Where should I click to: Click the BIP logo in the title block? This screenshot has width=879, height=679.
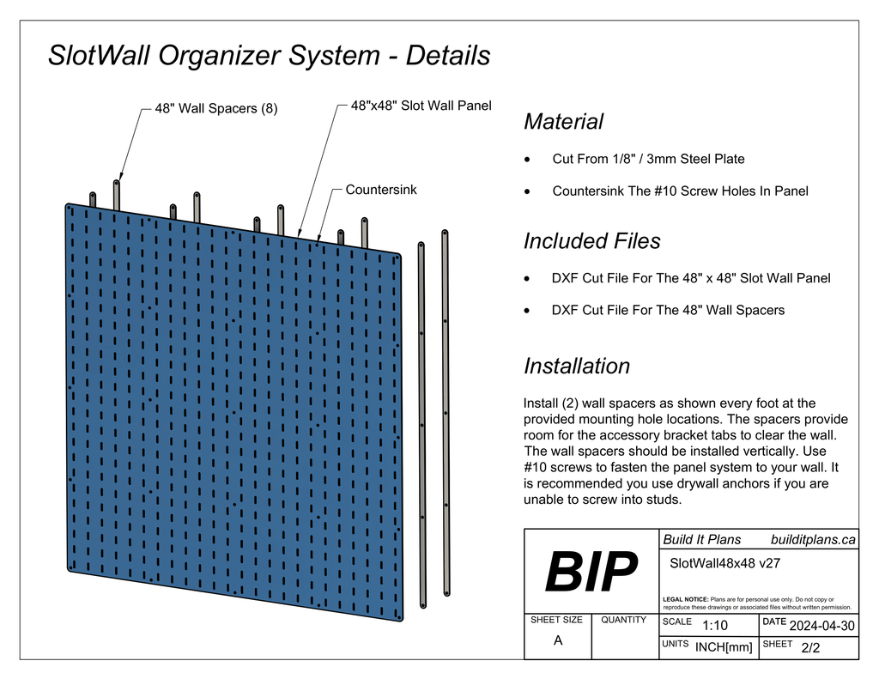(591, 572)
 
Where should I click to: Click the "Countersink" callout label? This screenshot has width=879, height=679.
(380, 190)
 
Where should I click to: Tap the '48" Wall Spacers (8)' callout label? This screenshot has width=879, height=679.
(215, 109)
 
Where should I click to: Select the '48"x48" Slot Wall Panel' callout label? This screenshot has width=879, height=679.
(421, 106)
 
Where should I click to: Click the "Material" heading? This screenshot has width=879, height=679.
(563, 122)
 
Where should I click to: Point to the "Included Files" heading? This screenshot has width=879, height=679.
(591, 241)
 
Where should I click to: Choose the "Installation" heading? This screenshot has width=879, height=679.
(576, 367)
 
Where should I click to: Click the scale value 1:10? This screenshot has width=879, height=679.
(714, 626)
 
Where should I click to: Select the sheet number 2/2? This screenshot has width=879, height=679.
(809, 648)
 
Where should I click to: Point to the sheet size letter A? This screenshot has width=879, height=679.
(558, 640)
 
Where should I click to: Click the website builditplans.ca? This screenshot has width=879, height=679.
(813, 540)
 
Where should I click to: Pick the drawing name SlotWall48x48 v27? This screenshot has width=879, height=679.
(724, 564)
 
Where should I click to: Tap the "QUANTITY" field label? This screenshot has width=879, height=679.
(624, 620)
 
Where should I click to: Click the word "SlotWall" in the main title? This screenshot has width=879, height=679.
(104, 56)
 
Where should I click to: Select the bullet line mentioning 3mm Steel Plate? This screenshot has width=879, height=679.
(648, 159)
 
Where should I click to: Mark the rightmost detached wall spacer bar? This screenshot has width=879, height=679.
(446, 412)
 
